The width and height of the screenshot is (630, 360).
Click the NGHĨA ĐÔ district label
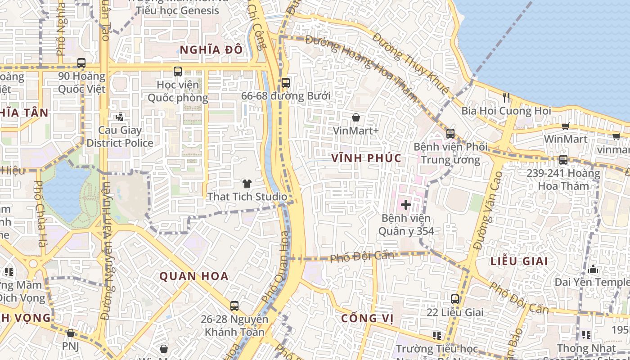(211, 50)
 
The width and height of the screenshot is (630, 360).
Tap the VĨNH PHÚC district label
(366, 158)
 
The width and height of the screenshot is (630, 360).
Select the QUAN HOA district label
(194, 276)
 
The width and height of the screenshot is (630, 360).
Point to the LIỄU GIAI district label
(519, 261)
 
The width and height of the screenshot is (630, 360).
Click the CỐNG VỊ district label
(367, 319)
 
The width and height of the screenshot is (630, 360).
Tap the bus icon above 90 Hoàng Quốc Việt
(81, 63)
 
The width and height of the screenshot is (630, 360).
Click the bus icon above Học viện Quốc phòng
(178, 71)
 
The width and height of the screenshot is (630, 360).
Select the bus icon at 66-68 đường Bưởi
(286, 83)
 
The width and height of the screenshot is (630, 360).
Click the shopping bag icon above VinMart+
(356, 117)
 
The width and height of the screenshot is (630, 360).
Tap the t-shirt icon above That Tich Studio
(247, 183)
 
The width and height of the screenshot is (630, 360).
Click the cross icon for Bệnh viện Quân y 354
(406, 205)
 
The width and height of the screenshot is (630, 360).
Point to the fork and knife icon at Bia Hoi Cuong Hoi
(506, 97)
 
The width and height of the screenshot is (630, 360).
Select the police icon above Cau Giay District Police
(119, 117)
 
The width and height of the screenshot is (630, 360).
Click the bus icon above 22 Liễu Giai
(455, 299)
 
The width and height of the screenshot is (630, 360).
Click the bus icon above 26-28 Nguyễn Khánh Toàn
(234, 306)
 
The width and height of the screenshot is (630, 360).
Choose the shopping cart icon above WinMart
(565, 126)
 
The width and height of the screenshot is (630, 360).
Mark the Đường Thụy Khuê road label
(411, 63)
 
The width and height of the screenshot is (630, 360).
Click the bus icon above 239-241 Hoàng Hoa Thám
(563, 160)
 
